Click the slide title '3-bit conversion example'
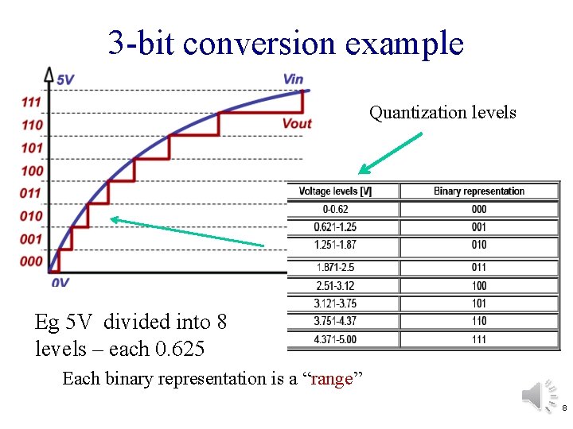click(286, 42)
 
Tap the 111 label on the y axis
click(32, 102)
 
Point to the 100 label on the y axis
click(32, 171)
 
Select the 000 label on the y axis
click(32, 261)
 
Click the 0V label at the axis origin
click(60, 282)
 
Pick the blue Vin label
click(293, 79)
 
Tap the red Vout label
click(296, 123)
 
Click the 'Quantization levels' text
click(442, 113)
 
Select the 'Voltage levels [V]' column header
click(335, 191)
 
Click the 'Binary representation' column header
click(478, 191)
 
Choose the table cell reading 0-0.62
click(335, 210)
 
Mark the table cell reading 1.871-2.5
click(335, 268)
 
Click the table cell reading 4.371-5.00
click(335, 339)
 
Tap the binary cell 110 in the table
click(478, 321)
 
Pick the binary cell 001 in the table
click(478, 227)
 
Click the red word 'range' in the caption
click(330, 379)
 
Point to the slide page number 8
click(563, 408)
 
